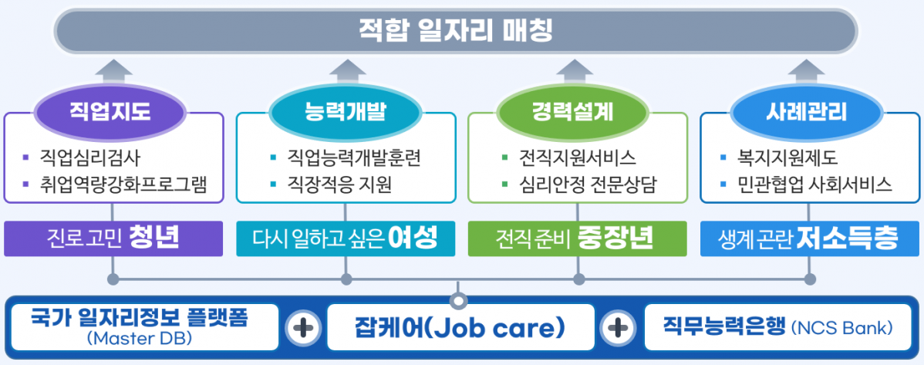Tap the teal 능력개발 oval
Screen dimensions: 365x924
click(346, 112)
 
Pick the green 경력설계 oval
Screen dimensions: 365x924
click(578, 112)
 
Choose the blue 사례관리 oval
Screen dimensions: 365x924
click(809, 112)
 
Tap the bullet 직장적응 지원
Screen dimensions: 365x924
click(339, 184)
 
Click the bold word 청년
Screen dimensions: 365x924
click(154, 238)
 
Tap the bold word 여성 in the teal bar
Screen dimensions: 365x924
click(412, 238)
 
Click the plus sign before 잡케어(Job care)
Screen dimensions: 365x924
click(304, 328)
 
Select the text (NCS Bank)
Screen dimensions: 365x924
click(841, 328)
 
